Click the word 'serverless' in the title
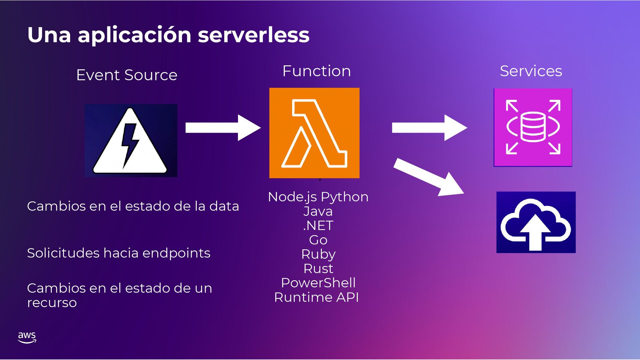pyautogui.click(x=253, y=35)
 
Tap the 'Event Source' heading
pyautogui.click(x=127, y=75)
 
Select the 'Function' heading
pyautogui.click(x=316, y=71)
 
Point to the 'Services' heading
pyautogui.click(x=531, y=71)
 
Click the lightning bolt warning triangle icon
pyautogui.click(x=131, y=141)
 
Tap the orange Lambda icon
pyautogui.click(x=314, y=133)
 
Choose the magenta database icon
pyautogui.click(x=533, y=127)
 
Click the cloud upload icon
pyautogui.click(x=536, y=222)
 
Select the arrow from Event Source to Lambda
pyautogui.click(x=223, y=128)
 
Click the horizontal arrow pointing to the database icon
pyautogui.click(x=429, y=128)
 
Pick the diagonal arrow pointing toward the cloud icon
pyautogui.click(x=428, y=177)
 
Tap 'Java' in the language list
pyautogui.click(x=318, y=211)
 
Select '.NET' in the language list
pyautogui.click(x=318, y=226)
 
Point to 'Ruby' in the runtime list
pyautogui.click(x=318, y=254)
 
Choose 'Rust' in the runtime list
pyautogui.click(x=318, y=269)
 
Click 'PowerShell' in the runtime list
pyautogui.click(x=318, y=283)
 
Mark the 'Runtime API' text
pyautogui.click(x=316, y=297)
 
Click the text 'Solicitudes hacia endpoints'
pyautogui.click(x=119, y=253)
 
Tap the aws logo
pyautogui.click(x=27, y=337)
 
